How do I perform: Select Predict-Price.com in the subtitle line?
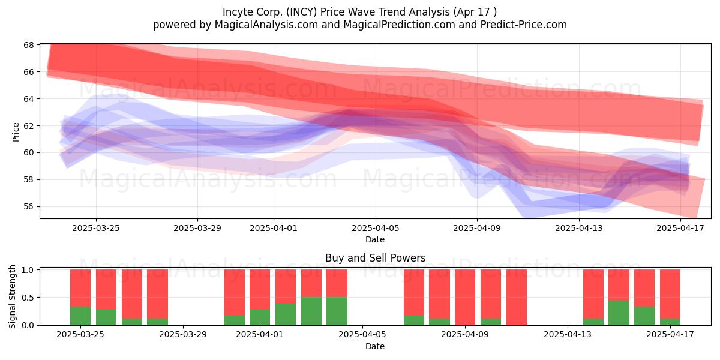pos(524,25)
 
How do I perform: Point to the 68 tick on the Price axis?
pos(29,45)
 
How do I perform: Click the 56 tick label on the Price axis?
pos(29,206)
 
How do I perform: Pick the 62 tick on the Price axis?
pos(29,125)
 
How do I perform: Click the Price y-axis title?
pos(16,132)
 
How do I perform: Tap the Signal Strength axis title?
pos(12,296)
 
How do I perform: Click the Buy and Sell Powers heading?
pos(375,258)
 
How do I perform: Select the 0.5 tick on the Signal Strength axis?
pos(28,298)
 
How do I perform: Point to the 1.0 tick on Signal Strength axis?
pos(28,270)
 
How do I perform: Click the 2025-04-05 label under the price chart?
pos(375,228)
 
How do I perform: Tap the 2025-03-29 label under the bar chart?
pos(183,335)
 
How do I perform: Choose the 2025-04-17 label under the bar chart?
pos(670,335)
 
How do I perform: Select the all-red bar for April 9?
pos(465,298)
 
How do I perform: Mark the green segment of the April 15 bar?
pos(619,313)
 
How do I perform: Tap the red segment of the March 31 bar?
pos(235,293)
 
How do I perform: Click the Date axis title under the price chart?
pos(375,239)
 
